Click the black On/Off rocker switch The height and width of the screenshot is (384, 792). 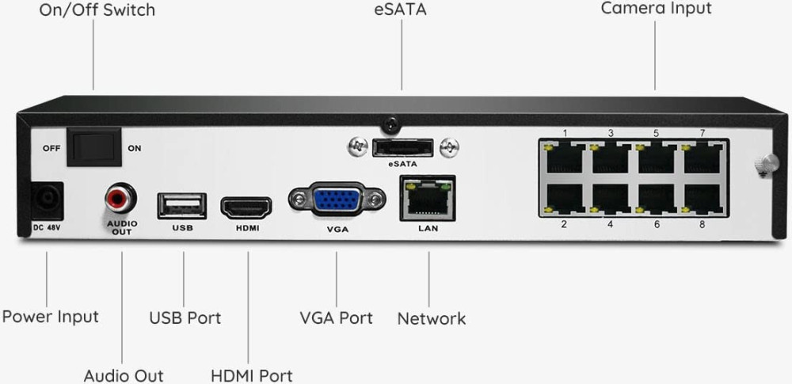(93, 147)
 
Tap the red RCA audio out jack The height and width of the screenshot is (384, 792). (121, 199)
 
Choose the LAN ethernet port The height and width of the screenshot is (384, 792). (428, 199)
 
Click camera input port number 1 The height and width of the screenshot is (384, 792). (565, 157)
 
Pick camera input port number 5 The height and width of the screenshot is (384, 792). (657, 157)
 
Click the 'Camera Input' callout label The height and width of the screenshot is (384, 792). (656, 9)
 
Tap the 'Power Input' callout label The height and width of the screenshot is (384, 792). (51, 317)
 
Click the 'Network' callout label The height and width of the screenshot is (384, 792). (432, 319)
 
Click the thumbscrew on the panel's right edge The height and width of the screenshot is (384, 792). (762, 163)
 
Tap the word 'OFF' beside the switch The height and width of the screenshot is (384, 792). (52, 148)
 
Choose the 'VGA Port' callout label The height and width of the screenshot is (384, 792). (336, 318)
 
